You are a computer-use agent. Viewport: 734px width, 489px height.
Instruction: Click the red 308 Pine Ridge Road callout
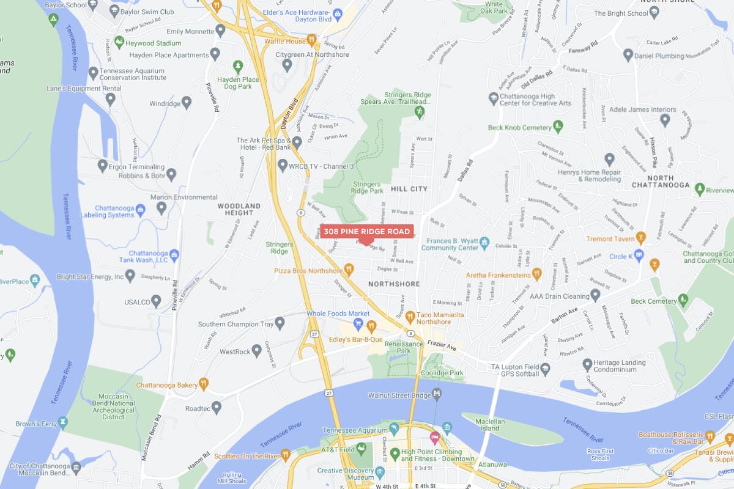click(366, 232)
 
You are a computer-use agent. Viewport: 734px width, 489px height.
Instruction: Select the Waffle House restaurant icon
click(312, 40)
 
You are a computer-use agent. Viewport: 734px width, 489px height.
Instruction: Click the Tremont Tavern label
click(607, 238)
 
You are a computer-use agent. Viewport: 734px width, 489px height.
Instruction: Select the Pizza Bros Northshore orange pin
click(349, 269)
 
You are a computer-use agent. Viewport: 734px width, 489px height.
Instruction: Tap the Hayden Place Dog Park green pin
click(237, 65)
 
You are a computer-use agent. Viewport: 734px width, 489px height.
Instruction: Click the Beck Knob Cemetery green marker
click(557, 127)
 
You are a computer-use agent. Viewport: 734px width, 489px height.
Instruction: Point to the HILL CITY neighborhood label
click(409, 189)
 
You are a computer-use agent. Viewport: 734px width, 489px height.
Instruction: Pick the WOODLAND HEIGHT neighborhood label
click(239, 209)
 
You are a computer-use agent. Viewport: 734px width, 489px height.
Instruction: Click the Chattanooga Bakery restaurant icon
click(203, 384)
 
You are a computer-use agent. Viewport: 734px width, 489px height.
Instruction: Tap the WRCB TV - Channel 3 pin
click(282, 166)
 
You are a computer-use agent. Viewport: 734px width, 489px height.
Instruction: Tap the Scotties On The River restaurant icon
click(285, 455)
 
